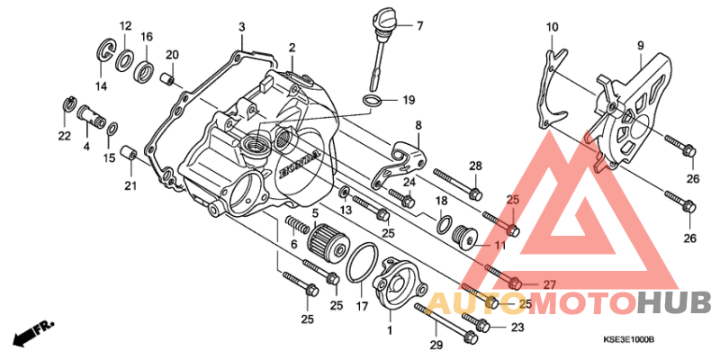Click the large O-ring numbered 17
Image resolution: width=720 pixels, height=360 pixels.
coord(363,263)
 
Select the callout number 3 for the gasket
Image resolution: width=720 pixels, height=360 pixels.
coord(242,27)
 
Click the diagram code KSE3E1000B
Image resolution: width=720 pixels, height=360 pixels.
coord(628,340)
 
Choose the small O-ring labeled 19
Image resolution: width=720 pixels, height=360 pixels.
coord(372,101)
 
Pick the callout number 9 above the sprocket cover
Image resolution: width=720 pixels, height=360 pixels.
coord(641,46)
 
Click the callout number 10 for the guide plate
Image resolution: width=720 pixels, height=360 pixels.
coord(552,27)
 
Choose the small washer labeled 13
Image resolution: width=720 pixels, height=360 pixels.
coord(344,191)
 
